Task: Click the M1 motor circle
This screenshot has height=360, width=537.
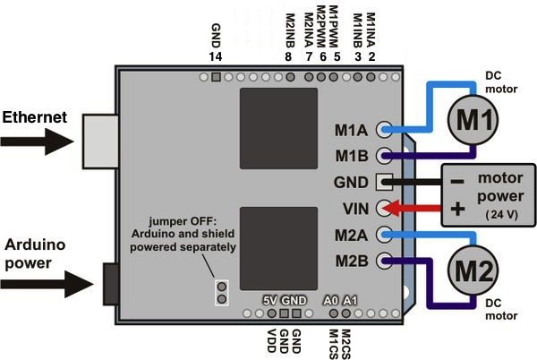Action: (472, 116)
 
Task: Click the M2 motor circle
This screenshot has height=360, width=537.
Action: (472, 269)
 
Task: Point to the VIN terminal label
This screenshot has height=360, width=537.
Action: (355, 209)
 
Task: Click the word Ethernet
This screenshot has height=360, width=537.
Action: (34, 116)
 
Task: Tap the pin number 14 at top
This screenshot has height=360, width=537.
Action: (216, 56)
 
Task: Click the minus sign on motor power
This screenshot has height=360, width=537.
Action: (456, 180)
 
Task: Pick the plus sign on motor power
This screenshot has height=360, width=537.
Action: (456, 210)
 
